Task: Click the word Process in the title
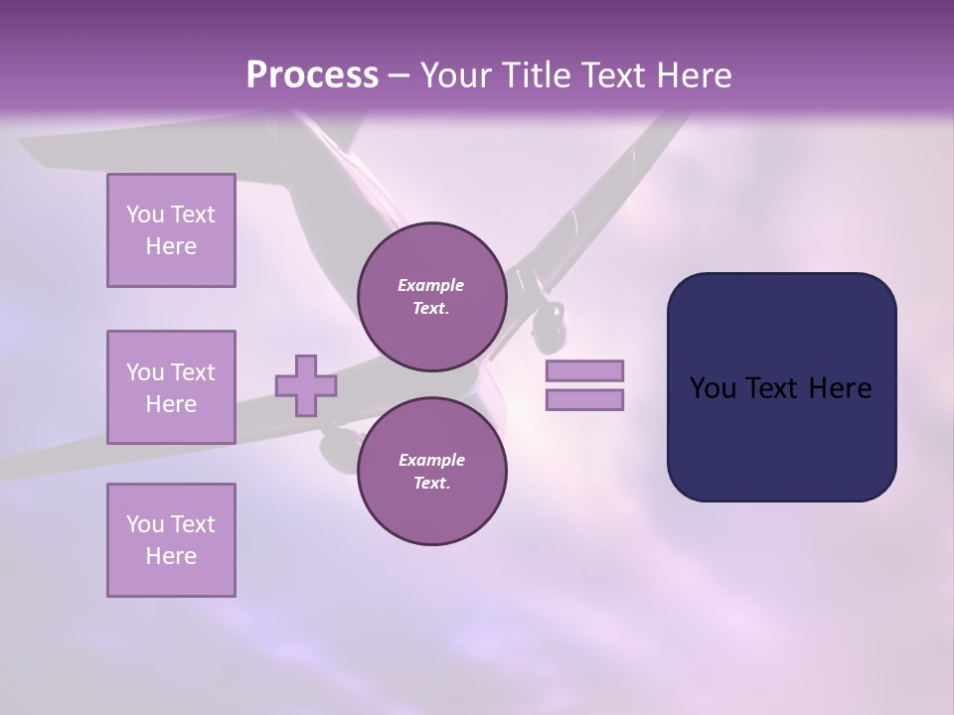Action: (x=312, y=75)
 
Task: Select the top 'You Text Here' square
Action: (x=171, y=230)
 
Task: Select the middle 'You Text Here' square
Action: (x=171, y=387)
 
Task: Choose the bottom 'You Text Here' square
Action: (x=171, y=540)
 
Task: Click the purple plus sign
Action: (x=306, y=385)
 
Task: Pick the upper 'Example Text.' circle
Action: (x=431, y=296)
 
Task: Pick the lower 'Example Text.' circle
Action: (x=431, y=471)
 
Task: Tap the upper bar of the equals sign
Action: (x=584, y=370)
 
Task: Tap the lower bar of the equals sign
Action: (x=584, y=400)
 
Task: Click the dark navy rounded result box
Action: (x=781, y=437)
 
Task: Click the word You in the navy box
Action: (x=713, y=388)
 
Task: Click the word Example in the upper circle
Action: (x=431, y=285)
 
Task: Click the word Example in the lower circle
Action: (x=431, y=460)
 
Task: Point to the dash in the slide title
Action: (x=398, y=75)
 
